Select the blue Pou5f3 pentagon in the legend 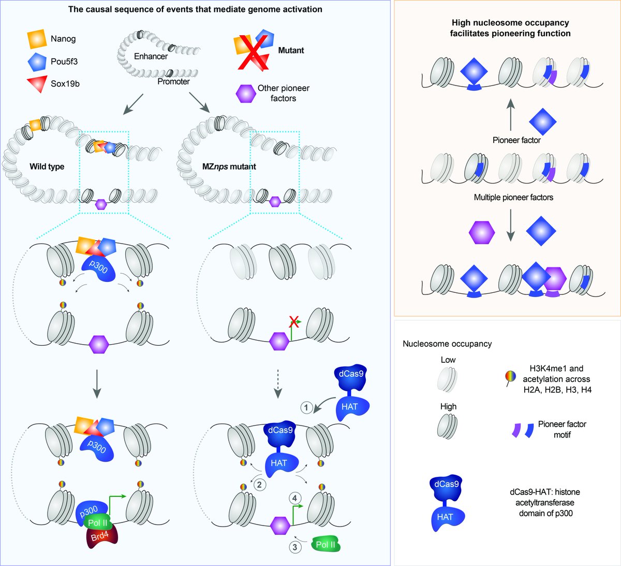tap(37, 62)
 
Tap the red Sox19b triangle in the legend tap(37, 84)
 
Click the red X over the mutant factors tap(254, 50)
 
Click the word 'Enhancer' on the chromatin tap(151, 56)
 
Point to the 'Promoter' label tap(173, 81)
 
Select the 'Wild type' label tap(47, 166)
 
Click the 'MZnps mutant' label tap(229, 166)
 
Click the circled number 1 tap(306, 408)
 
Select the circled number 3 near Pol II tap(294, 546)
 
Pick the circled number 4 tap(295, 499)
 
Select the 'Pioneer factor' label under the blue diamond tap(516, 140)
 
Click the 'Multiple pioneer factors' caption tap(513, 197)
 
